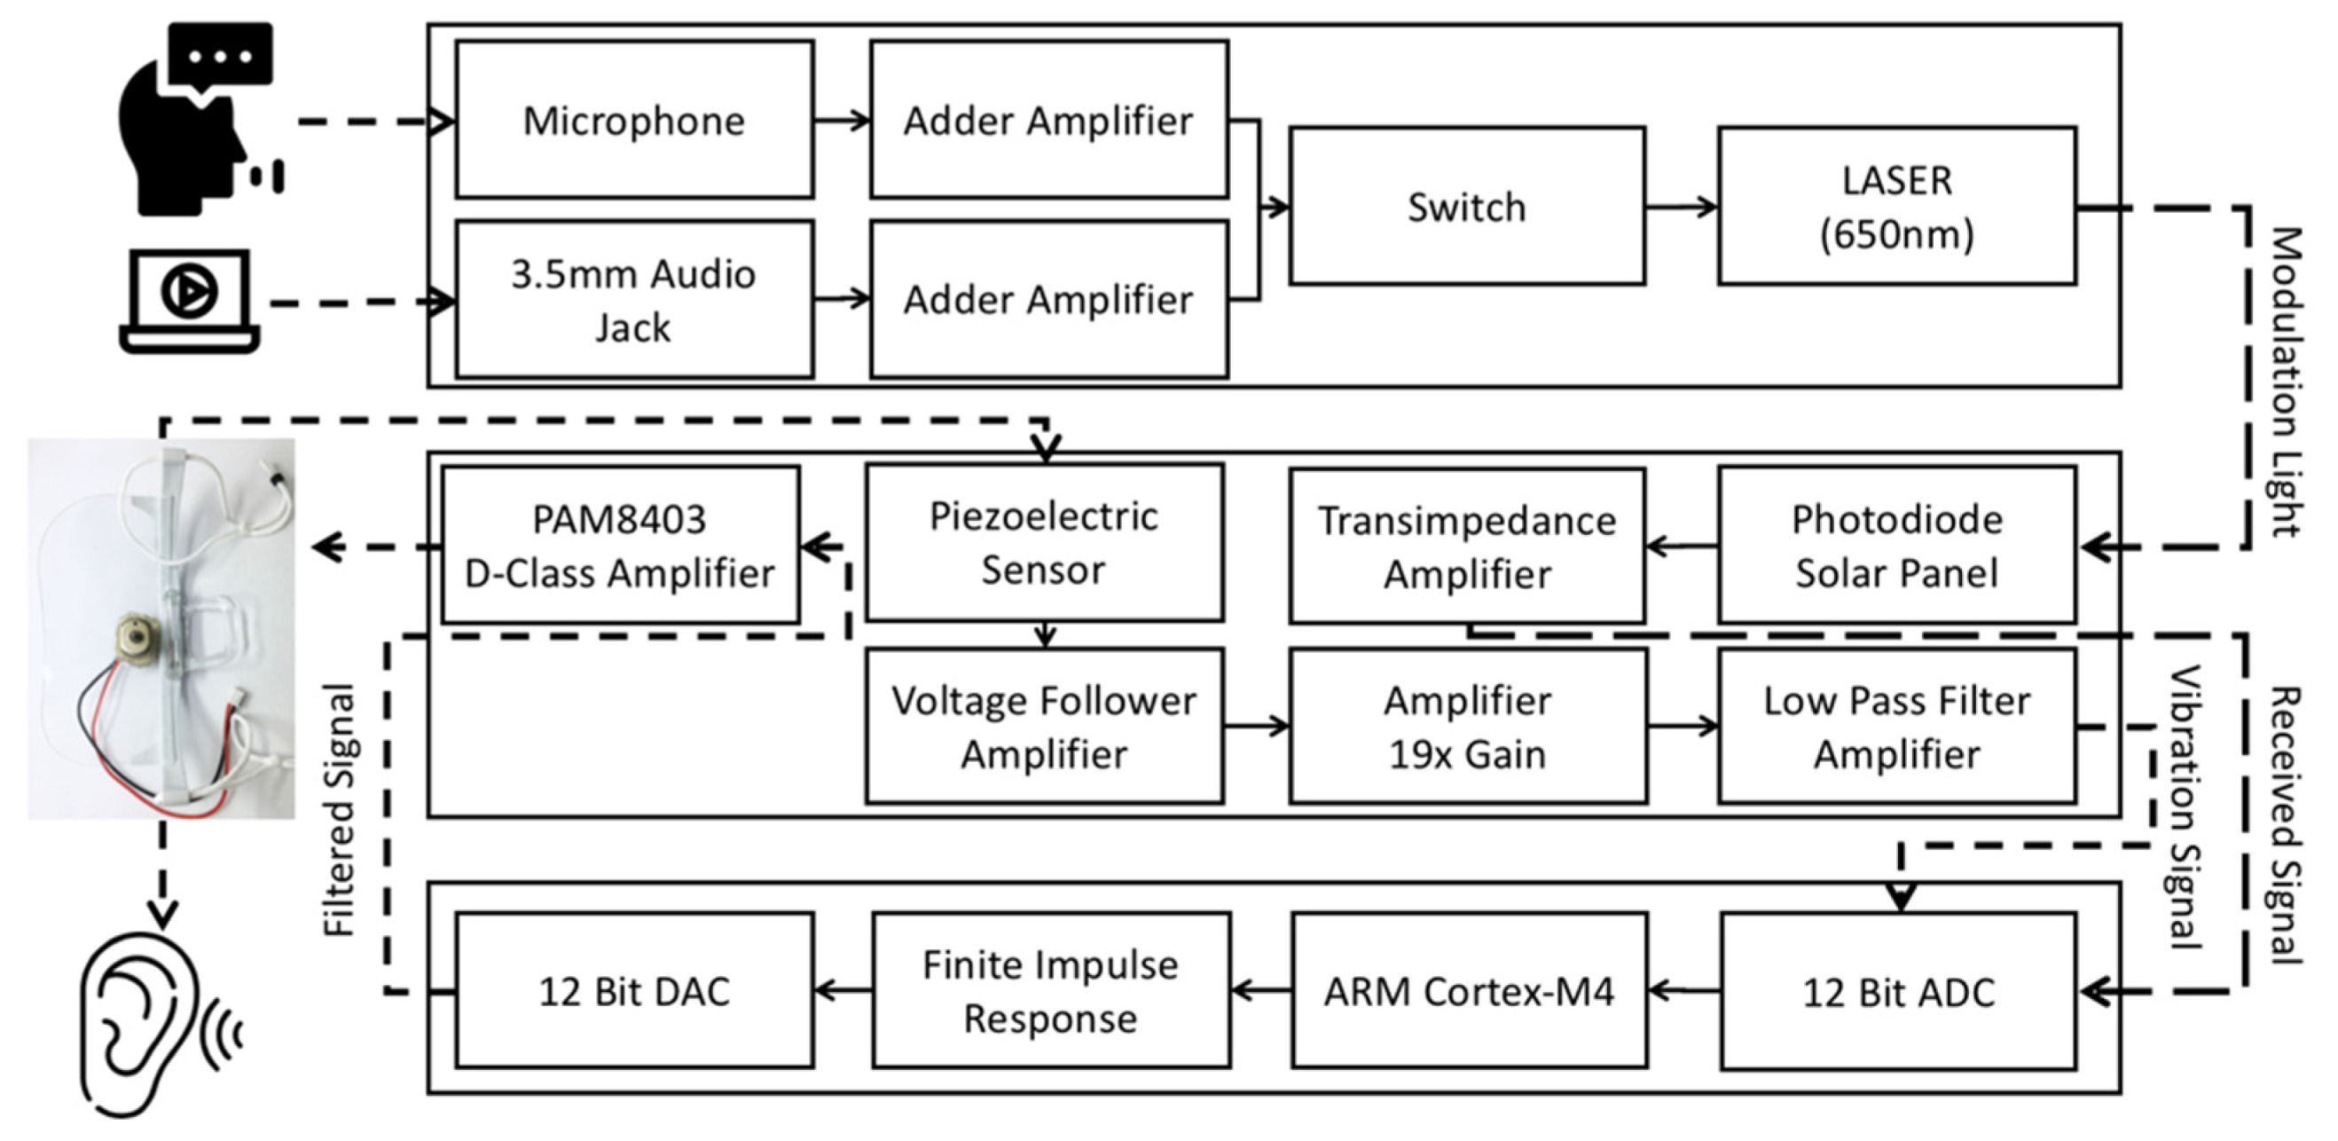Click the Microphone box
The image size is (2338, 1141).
[633, 119]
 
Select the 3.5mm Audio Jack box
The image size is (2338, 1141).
[633, 300]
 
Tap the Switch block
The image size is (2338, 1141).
[1466, 206]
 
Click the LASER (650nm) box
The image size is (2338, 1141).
[1896, 206]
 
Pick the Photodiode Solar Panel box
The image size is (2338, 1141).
[1896, 545]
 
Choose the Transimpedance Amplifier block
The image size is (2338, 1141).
[1466, 546]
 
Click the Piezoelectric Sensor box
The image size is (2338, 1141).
[1044, 543]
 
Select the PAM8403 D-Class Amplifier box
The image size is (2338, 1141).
[620, 545]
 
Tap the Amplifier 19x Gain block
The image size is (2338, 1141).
[1467, 726]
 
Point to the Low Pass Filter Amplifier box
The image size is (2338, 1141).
[1896, 726]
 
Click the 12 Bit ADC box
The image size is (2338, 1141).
[1898, 991]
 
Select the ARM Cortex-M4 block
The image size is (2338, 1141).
[1469, 990]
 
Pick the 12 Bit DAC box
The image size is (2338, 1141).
[633, 990]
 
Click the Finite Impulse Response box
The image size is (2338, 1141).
[1050, 990]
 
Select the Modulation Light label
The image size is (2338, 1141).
[2286, 382]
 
